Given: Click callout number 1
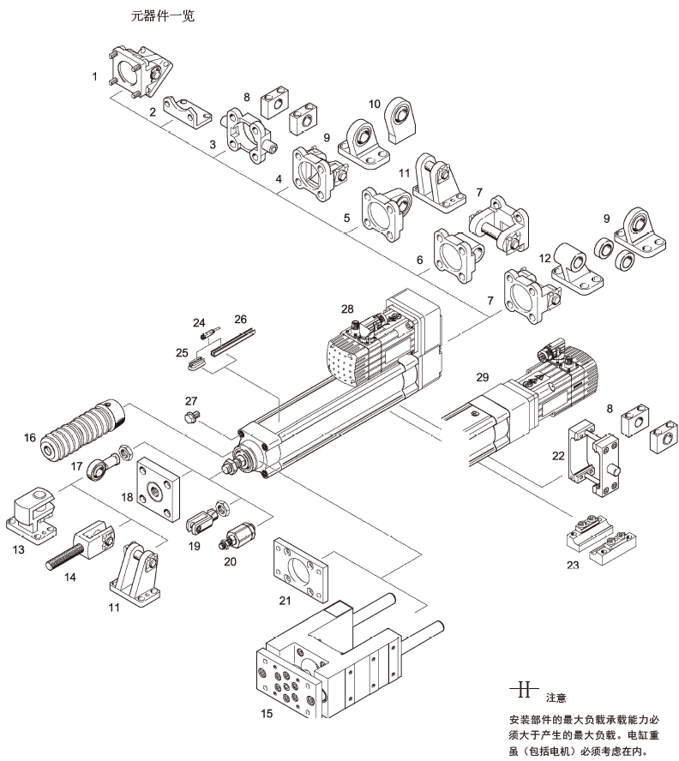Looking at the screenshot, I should click(x=95, y=76).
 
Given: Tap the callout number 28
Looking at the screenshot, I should click(x=346, y=308).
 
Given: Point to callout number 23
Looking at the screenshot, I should click(x=572, y=565).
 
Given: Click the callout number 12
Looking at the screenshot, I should click(x=544, y=257).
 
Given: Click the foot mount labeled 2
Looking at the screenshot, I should click(x=186, y=111).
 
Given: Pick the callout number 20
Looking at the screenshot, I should click(x=229, y=561).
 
